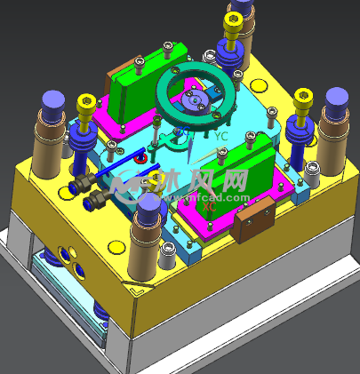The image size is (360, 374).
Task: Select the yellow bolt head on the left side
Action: (87, 104)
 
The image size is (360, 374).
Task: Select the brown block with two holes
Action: (251, 220)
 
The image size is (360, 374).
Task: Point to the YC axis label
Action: (221, 137)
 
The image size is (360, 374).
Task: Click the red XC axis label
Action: (210, 206)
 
